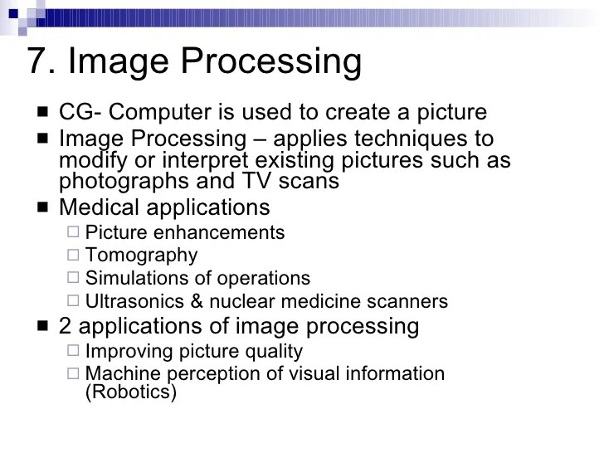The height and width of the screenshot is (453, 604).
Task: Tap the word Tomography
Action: [x=142, y=256]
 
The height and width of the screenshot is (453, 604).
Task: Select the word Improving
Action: [x=126, y=352]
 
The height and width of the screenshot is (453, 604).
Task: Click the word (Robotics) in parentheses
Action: [x=131, y=392]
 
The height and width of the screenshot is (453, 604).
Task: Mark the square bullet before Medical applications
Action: [x=43, y=207]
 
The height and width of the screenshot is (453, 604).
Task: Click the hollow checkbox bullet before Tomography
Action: [x=74, y=256]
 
